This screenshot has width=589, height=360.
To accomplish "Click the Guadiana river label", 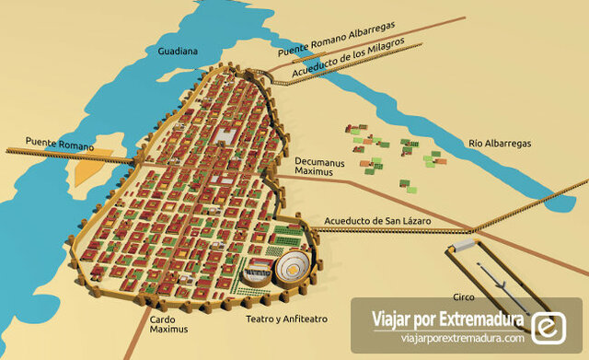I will [178, 52].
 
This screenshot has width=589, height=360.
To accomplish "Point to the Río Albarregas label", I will [500, 144].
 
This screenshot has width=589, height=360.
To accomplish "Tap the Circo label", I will [463, 297].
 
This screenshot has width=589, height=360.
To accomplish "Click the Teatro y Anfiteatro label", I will [286, 319].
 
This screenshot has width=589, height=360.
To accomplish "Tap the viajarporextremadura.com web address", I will [448, 338].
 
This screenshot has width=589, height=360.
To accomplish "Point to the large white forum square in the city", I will [225, 136].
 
